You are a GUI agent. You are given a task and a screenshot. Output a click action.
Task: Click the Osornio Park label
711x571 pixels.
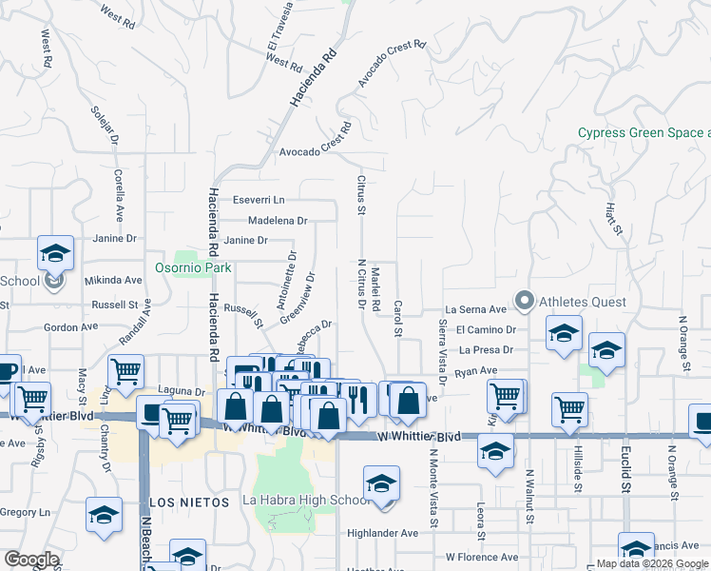click(189, 267)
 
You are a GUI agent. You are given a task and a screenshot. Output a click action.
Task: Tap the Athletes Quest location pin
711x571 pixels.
click(524, 302)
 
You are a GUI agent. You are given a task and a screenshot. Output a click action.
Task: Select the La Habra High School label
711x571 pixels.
click(306, 501)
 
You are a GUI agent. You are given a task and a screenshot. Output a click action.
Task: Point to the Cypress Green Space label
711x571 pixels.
click(644, 133)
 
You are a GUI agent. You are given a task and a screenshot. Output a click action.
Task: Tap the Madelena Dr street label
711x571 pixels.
click(278, 220)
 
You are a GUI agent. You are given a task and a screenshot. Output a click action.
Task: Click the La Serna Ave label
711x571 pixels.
click(476, 309)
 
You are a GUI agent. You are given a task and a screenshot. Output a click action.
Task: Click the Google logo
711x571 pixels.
click(31, 560)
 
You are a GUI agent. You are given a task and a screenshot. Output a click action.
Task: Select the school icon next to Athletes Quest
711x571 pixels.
click(563, 334)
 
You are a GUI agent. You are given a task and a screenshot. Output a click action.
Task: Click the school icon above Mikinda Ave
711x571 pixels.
click(55, 254)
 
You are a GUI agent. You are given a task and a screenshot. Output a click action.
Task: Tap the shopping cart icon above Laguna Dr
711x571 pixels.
click(125, 371)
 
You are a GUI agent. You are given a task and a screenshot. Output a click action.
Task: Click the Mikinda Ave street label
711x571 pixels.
click(113, 280)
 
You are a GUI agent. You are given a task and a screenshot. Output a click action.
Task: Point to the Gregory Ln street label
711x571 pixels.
click(25, 512)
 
